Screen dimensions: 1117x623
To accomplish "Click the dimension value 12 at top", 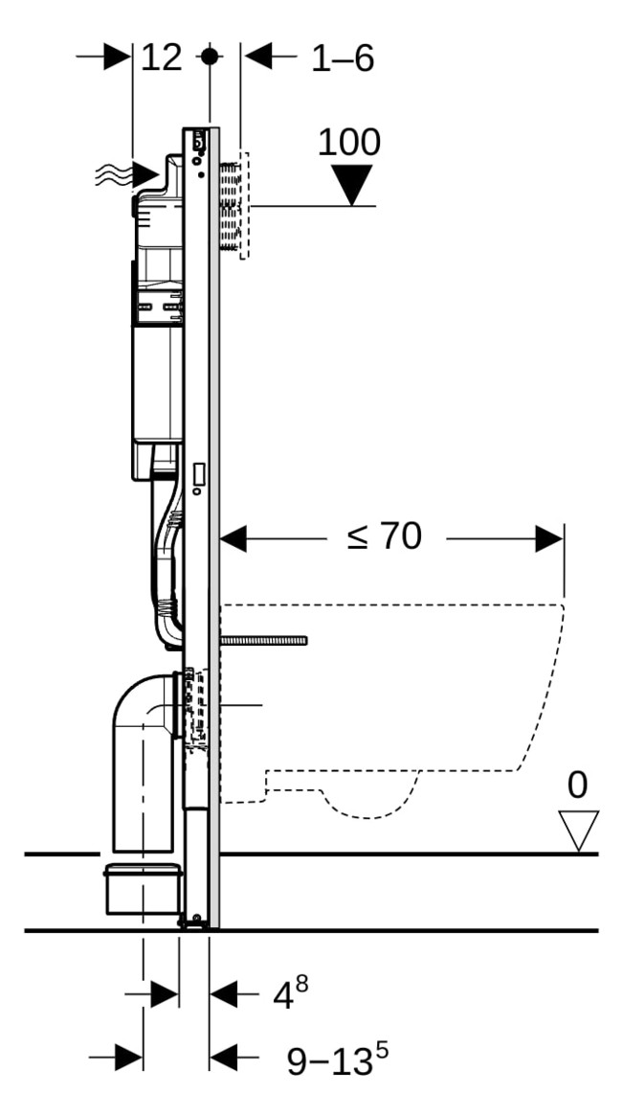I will click(162, 58).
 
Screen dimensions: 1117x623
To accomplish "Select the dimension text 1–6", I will click(342, 58).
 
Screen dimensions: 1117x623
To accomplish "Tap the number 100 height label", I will click(348, 142).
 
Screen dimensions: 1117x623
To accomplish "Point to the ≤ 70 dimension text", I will click(384, 537).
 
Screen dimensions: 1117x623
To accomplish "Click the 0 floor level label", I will click(577, 786).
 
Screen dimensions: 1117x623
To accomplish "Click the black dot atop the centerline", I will click(209, 57).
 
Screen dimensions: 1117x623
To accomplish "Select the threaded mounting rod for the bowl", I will click(263, 640).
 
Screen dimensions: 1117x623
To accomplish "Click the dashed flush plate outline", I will click(243, 205).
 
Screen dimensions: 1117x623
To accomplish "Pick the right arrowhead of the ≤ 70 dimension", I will click(549, 538).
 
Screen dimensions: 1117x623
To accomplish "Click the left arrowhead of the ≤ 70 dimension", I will click(234, 538).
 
